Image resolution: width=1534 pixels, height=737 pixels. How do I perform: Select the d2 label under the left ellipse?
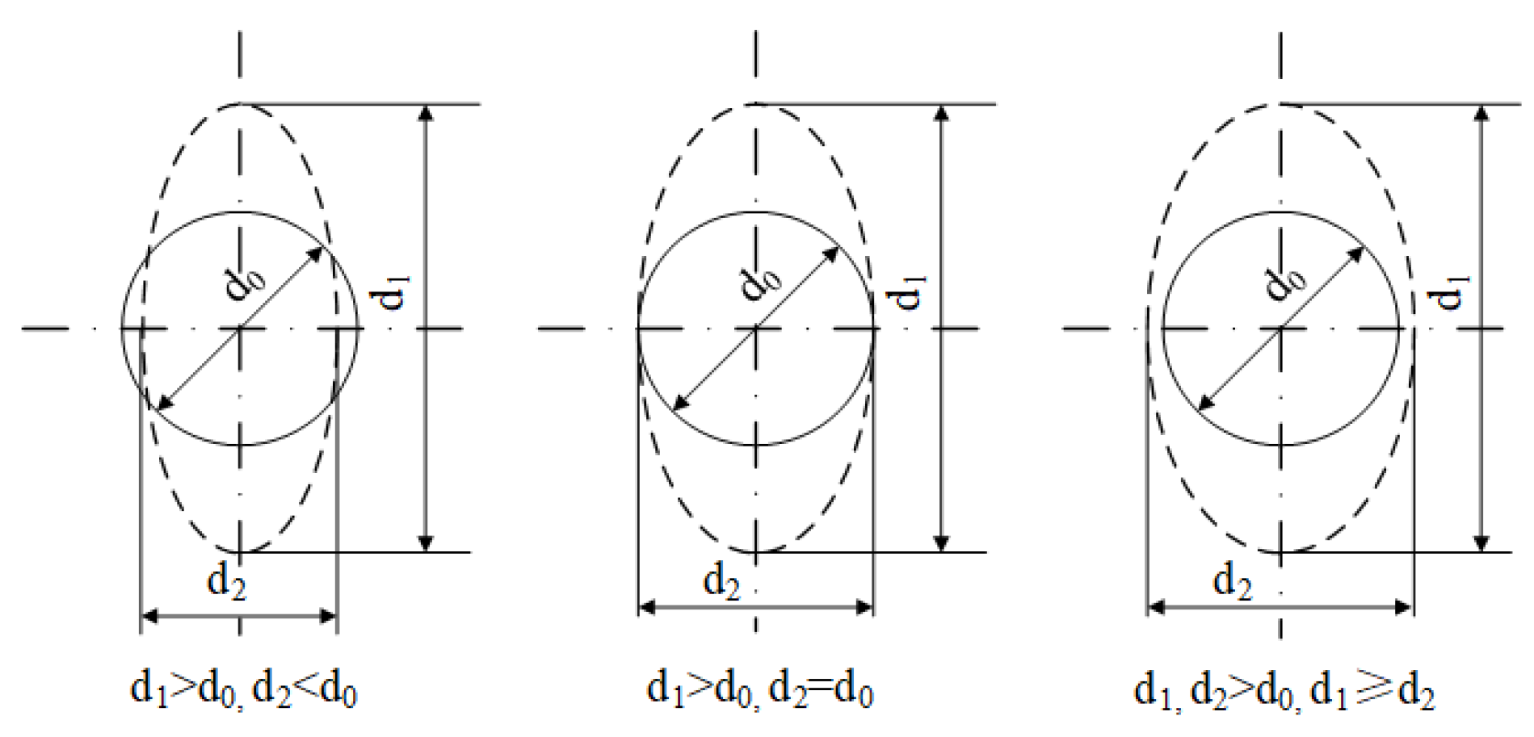pos(226,580)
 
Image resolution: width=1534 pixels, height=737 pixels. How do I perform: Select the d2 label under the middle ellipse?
pos(721,580)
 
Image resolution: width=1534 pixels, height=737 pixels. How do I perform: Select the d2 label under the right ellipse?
pos(1233,580)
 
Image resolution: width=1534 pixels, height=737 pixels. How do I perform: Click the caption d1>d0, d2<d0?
pos(243,690)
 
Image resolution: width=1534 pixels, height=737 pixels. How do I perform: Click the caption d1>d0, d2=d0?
pos(759,690)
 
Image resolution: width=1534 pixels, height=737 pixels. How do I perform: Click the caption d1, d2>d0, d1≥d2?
pos(1284,690)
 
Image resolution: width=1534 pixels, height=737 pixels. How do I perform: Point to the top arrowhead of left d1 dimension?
pos(427,112)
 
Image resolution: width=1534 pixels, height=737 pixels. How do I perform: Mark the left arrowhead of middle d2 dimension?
pos(647,606)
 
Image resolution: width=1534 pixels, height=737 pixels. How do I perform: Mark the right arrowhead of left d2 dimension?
pos(329,616)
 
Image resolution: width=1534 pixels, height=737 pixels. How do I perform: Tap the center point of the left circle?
pos(240,329)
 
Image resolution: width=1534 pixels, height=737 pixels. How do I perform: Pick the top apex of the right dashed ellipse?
pos(1280,104)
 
